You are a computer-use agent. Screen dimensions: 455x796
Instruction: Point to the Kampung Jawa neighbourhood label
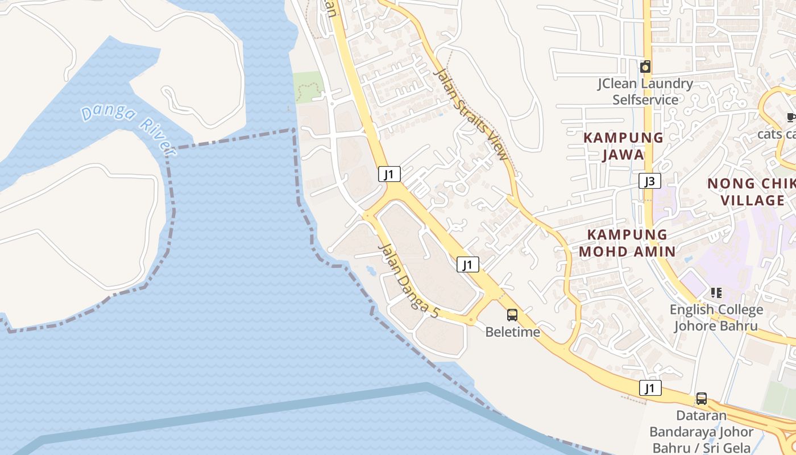click(623, 146)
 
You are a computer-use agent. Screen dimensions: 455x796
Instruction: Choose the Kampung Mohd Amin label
click(627, 243)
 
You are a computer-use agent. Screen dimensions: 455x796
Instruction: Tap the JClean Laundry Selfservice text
click(645, 92)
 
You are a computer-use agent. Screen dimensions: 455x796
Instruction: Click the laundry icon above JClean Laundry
click(645, 67)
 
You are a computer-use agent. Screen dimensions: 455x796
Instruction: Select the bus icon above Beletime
click(512, 315)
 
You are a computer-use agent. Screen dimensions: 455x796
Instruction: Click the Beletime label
click(512, 332)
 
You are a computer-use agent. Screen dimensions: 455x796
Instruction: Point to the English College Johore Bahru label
click(716, 318)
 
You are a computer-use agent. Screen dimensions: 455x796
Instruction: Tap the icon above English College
click(716, 293)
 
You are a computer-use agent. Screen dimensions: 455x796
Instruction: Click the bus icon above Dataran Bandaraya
click(702, 399)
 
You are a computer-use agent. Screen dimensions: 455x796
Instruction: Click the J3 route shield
click(650, 181)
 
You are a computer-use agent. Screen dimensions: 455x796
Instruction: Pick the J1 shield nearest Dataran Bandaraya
click(650, 388)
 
